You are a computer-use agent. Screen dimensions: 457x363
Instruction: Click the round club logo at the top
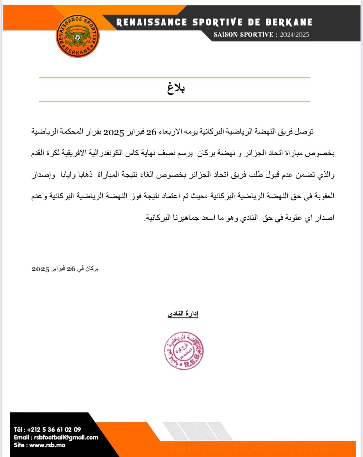tap(77, 36)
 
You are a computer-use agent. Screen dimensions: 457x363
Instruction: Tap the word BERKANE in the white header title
tap(289, 22)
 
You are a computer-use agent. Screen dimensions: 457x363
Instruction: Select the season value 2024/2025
tap(294, 35)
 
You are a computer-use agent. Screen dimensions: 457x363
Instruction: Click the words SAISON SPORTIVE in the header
tap(243, 35)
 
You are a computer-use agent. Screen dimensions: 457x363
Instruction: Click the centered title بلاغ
tap(176, 88)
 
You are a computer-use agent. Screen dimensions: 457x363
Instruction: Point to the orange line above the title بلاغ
tap(174, 77)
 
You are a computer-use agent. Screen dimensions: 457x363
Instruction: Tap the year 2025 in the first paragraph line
tap(113, 133)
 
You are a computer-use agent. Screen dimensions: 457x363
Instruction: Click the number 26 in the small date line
tap(71, 269)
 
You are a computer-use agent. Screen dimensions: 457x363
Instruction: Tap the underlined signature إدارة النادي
tap(183, 314)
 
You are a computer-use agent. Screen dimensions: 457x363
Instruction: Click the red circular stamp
tap(184, 351)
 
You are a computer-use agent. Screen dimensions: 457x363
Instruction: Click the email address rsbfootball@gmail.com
tap(66, 437)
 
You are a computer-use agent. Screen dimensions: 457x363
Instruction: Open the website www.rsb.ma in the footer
tap(47, 445)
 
